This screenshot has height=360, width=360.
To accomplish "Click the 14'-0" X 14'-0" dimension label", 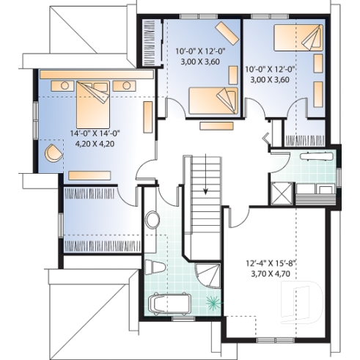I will [x=95, y=133].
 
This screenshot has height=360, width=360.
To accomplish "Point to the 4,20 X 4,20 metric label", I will [x=95, y=144].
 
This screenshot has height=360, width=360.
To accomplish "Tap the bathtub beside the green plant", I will [x=169, y=302].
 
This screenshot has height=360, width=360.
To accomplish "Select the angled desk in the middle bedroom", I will [x=227, y=32].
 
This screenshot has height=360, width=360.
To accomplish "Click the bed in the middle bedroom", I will [x=213, y=100].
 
